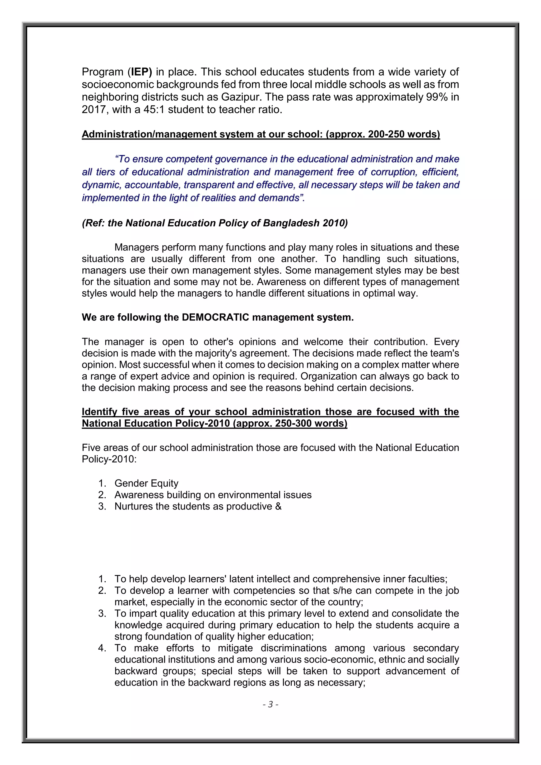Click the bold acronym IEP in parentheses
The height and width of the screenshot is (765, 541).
pyautogui.click(x=141, y=72)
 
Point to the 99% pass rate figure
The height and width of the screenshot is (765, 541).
pyautogui.click(x=436, y=97)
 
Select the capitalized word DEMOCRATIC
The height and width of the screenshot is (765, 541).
pyautogui.click(x=215, y=317)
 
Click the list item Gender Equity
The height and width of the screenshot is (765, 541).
pyautogui.click(x=146, y=483)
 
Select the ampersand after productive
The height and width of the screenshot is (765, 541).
pyautogui.click(x=278, y=506)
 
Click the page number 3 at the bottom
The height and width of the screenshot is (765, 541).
pyautogui.click(x=270, y=704)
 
